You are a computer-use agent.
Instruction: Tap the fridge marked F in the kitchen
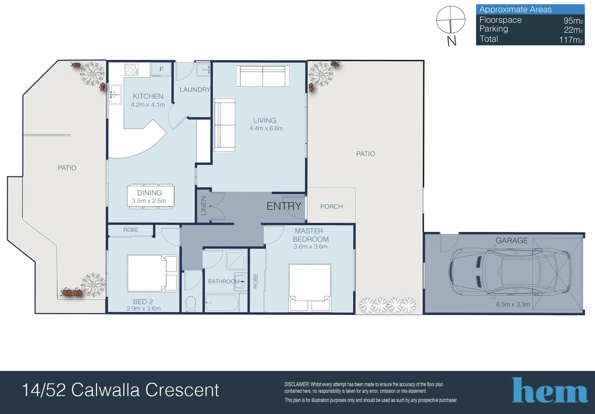point(161,69)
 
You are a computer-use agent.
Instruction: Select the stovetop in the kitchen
point(131,70)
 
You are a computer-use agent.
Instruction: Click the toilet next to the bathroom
point(190,304)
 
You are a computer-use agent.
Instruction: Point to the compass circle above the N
point(451,20)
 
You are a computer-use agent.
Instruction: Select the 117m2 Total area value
point(570,40)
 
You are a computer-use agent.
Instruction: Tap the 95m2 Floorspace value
point(573,20)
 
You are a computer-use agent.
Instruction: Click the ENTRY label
point(284,206)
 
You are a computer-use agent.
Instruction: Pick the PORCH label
point(332,207)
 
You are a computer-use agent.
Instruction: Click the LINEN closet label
point(203,206)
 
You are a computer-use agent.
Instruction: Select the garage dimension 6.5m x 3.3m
point(513,304)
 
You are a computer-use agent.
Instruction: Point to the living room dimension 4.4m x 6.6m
point(266,128)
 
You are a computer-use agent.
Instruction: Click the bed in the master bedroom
point(310,287)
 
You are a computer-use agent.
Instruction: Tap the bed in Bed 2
point(152,273)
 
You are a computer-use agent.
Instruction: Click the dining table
point(150,197)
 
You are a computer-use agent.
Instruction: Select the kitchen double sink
point(116,94)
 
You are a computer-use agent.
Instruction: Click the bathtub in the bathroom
point(222,303)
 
